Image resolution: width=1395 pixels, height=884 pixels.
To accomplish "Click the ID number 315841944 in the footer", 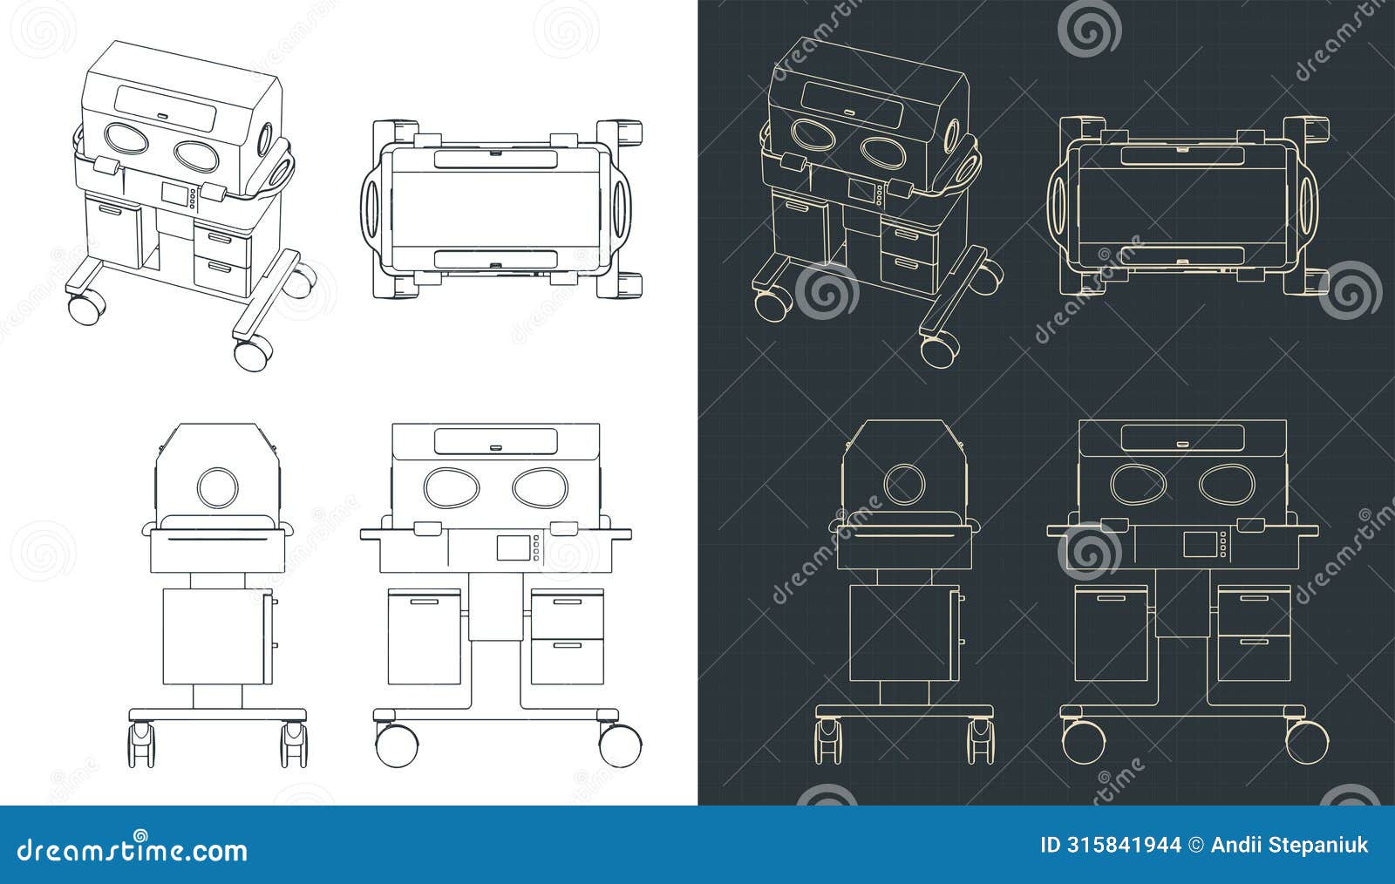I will point(1111,845).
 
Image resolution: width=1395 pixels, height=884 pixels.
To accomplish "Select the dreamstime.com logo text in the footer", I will point(133,849).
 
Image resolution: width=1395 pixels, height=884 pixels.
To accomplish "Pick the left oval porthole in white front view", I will point(450,486).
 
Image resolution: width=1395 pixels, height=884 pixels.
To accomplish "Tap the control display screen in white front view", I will point(513,547).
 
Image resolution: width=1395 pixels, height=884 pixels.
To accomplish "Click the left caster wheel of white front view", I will point(396,744).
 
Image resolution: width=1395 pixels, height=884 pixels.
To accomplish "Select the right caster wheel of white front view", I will point(620,744).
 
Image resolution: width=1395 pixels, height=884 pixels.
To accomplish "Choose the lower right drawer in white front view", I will point(567,662).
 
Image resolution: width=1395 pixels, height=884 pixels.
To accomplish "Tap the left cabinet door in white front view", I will point(424,636).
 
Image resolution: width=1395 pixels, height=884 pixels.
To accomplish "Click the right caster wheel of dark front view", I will point(1307,741).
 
